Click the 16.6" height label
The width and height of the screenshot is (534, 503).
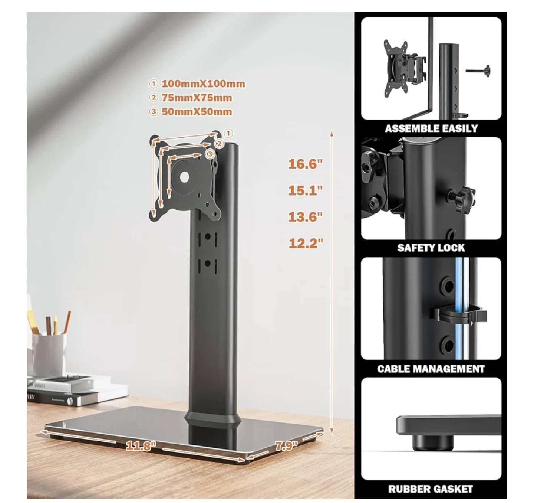pyautogui.click(x=305, y=164)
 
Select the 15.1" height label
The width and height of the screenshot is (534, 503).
pyautogui.click(x=305, y=190)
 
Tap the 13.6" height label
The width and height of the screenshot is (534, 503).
pyautogui.click(x=305, y=217)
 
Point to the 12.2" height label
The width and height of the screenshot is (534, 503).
pyautogui.click(x=306, y=244)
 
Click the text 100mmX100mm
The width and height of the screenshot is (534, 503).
pyautogui.click(x=203, y=84)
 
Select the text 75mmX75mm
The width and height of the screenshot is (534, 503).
pyautogui.click(x=197, y=98)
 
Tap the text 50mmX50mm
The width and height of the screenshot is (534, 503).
pyautogui.click(x=197, y=112)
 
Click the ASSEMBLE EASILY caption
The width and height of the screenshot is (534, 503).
pyautogui.click(x=431, y=128)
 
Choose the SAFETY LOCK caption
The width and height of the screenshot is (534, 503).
pyautogui.click(x=431, y=248)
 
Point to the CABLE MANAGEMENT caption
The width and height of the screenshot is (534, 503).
pyautogui.click(x=431, y=369)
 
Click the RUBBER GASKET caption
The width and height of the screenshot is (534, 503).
pyautogui.click(x=431, y=489)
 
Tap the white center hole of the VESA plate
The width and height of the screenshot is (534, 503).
pyautogui.click(x=184, y=177)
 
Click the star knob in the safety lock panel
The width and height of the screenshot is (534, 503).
pyautogui.click(x=461, y=200)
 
